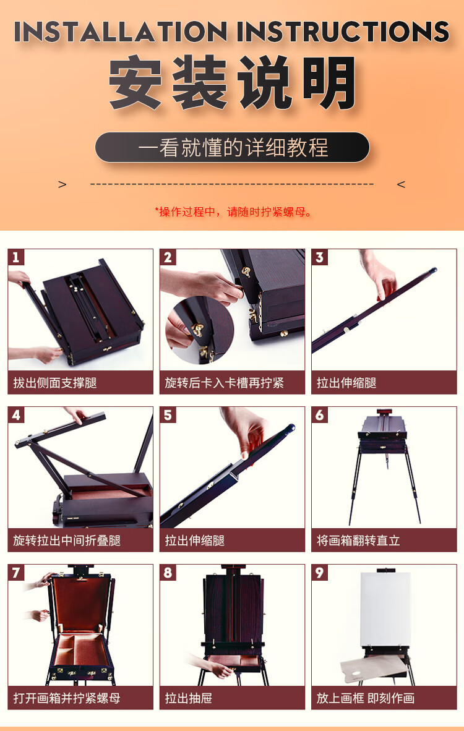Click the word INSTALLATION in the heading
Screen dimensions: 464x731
(120, 32)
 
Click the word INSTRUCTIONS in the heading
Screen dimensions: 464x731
(343, 32)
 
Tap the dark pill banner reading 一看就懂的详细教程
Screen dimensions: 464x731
(232, 147)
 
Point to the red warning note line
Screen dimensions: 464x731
(233, 212)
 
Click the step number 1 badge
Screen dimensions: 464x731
(16, 257)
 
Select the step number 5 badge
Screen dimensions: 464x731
(168, 415)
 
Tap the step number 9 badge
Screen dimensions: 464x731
(319, 573)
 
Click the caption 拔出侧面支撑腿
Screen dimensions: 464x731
(55, 383)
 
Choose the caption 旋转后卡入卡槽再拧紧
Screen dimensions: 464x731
(225, 383)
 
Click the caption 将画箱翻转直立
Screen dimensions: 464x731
(358, 541)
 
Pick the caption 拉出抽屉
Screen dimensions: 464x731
(189, 698)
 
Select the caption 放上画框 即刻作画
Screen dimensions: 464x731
(365, 698)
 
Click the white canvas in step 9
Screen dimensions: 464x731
(385, 609)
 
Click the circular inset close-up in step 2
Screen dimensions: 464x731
(200, 330)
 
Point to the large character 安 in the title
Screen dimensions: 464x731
(135, 82)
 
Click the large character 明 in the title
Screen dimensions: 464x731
(329, 82)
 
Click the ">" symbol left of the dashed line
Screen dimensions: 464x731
(62, 185)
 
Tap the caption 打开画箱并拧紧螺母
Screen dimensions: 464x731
(67, 698)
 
